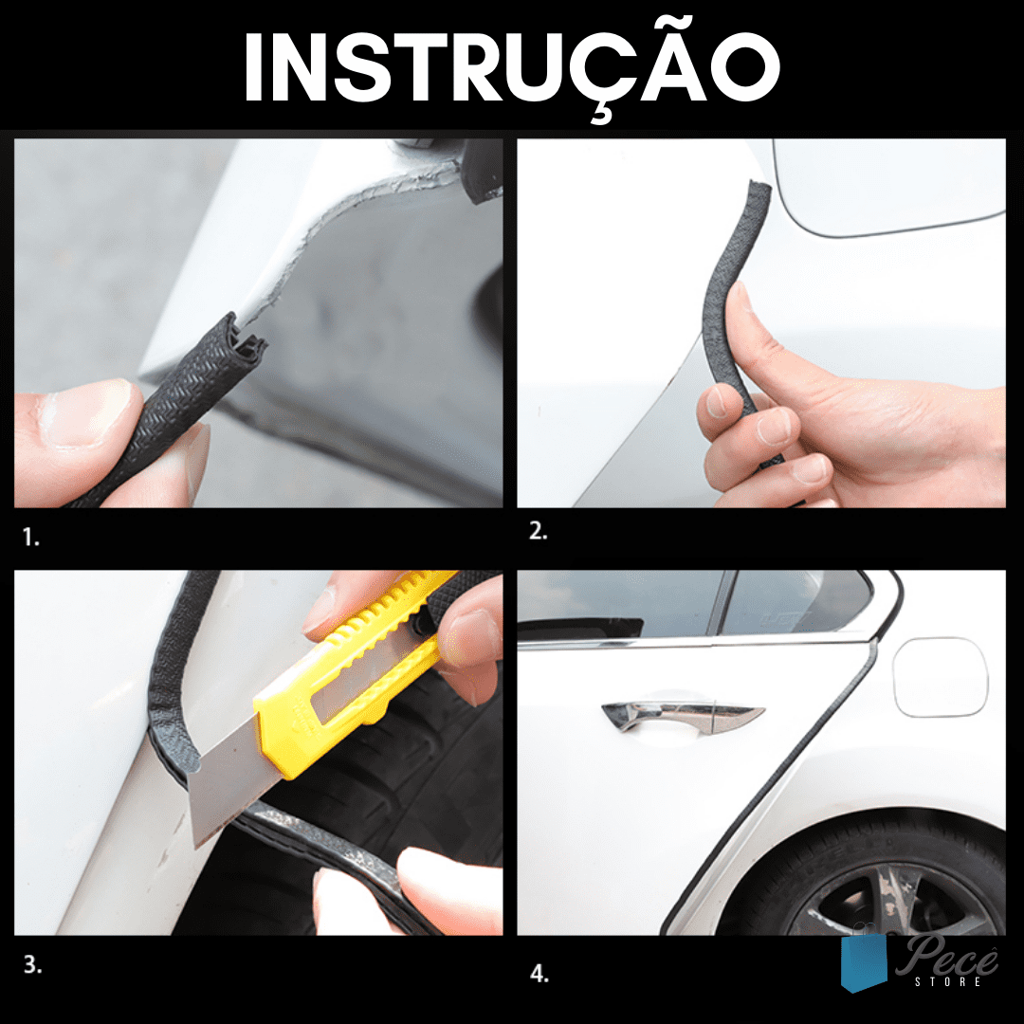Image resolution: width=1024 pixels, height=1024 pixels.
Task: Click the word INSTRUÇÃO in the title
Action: [x=512, y=67]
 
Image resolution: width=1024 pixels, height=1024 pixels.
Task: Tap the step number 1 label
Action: [x=30, y=538]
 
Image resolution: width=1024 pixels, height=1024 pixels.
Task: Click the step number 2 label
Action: [x=539, y=532]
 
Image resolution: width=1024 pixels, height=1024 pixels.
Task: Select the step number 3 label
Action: [x=32, y=964]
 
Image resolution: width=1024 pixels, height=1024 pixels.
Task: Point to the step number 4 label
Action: [x=539, y=974]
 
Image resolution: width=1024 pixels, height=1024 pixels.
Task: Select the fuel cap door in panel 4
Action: [x=941, y=677]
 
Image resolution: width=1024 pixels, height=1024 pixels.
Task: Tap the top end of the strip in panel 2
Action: [x=759, y=188]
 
